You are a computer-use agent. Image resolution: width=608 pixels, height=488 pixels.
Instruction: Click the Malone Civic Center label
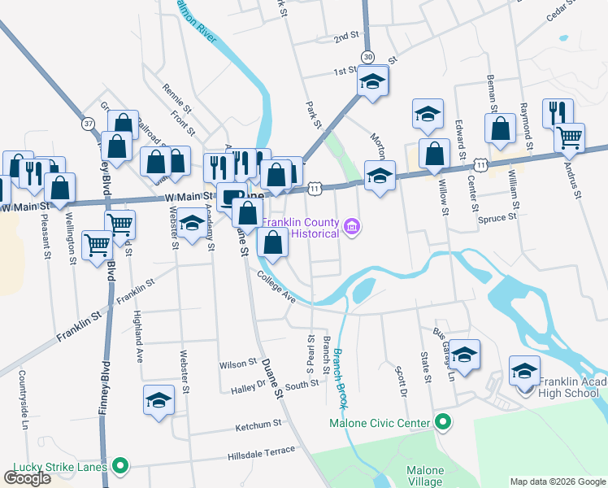(378, 423)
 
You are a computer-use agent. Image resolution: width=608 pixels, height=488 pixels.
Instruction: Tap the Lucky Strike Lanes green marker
(120, 466)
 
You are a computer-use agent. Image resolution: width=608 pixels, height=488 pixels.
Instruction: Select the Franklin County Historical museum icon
(351, 225)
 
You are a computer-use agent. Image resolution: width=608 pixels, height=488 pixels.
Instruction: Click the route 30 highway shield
(369, 56)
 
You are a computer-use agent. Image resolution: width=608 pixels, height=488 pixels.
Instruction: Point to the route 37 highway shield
(88, 123)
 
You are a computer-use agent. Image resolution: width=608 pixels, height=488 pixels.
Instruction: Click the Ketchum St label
(258, 424)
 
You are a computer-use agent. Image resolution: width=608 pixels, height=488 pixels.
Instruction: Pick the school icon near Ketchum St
(159, 399)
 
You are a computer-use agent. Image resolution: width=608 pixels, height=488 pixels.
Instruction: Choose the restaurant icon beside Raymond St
(558, 113)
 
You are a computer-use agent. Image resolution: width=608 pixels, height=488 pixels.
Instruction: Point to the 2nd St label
(346, 37)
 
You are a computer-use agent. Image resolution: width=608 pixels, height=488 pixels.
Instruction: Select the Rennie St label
(176, 98)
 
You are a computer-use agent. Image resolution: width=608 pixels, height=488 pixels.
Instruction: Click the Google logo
(27, 478)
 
